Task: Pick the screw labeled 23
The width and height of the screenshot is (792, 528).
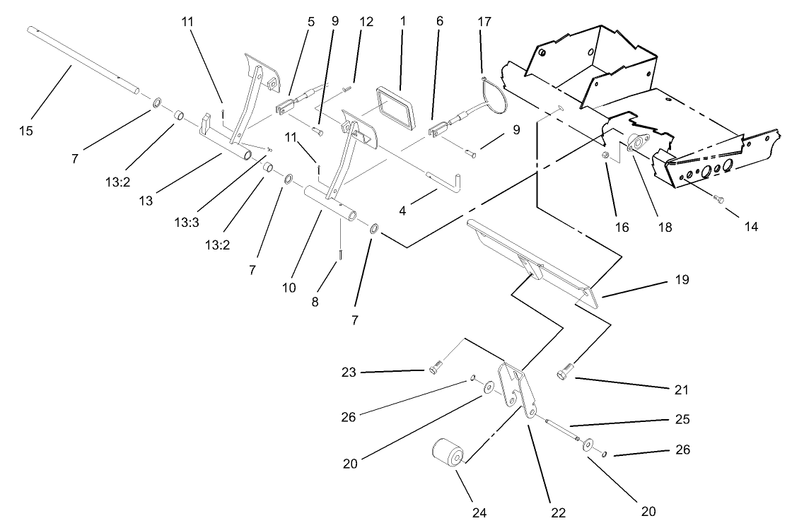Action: pos(434,367)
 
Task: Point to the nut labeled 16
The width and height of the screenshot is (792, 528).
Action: pos(606,155)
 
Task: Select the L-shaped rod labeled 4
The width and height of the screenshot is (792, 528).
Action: pos(442,178)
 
